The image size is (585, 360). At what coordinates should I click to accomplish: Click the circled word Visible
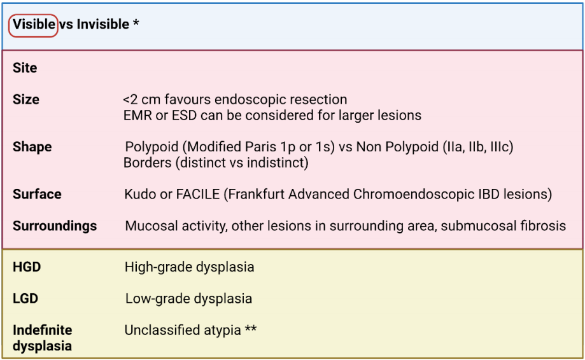34,25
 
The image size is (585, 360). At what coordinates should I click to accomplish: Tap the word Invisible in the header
103,25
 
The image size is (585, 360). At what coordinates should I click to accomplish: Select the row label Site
25,68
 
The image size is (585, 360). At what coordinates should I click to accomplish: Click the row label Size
25,99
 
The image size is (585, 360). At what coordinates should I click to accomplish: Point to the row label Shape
32,147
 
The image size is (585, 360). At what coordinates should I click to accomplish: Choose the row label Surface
37,194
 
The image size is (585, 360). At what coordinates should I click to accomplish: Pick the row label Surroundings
55,226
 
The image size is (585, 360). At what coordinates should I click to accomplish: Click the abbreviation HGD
27,267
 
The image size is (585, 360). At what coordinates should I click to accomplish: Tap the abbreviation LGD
25,298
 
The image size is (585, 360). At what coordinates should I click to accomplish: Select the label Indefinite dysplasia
43,338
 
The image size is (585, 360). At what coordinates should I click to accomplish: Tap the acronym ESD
184,116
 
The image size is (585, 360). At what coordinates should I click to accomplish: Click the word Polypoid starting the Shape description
152,147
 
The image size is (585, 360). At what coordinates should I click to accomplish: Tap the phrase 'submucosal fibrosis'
504,226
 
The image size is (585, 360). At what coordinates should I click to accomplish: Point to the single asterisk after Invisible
136,23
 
